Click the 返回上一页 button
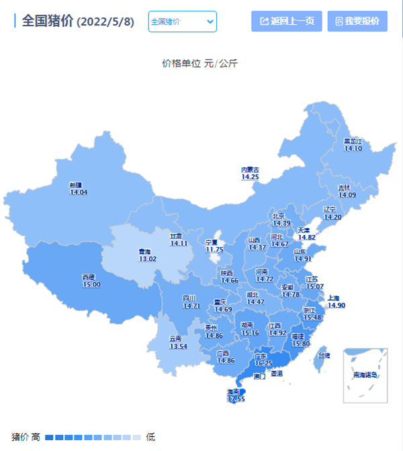pos(287,21)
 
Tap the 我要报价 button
pos(357,21)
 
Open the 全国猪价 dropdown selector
pos(183,21)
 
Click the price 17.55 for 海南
pos(236,399)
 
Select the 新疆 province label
pos(75,185)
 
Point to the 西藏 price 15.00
pos(91,285)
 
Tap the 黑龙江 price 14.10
pos(353,148)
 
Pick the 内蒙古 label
pos(250,170)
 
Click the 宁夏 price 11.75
pos(214,250)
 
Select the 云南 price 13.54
pos(178,346)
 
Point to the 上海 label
pos(334,297)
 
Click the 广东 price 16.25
pos(263,363)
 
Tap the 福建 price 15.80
pos(300,344)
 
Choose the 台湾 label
pos(324,356)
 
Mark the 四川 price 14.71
pos(191,306)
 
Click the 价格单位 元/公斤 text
pos(200,64)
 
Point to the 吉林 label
pos(344,188)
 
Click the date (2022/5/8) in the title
pos(105,22)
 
